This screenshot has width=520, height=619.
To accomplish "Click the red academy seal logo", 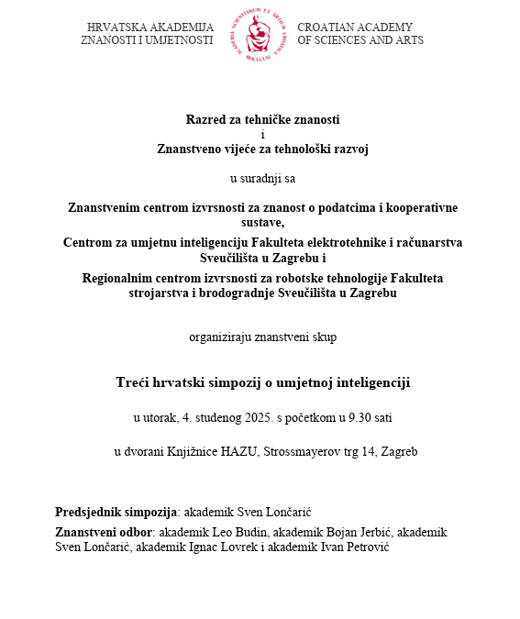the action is pos(260,35).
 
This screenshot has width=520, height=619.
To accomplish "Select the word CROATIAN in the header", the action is pos(326,28).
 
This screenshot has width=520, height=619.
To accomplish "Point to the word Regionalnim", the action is pos(118,278).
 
